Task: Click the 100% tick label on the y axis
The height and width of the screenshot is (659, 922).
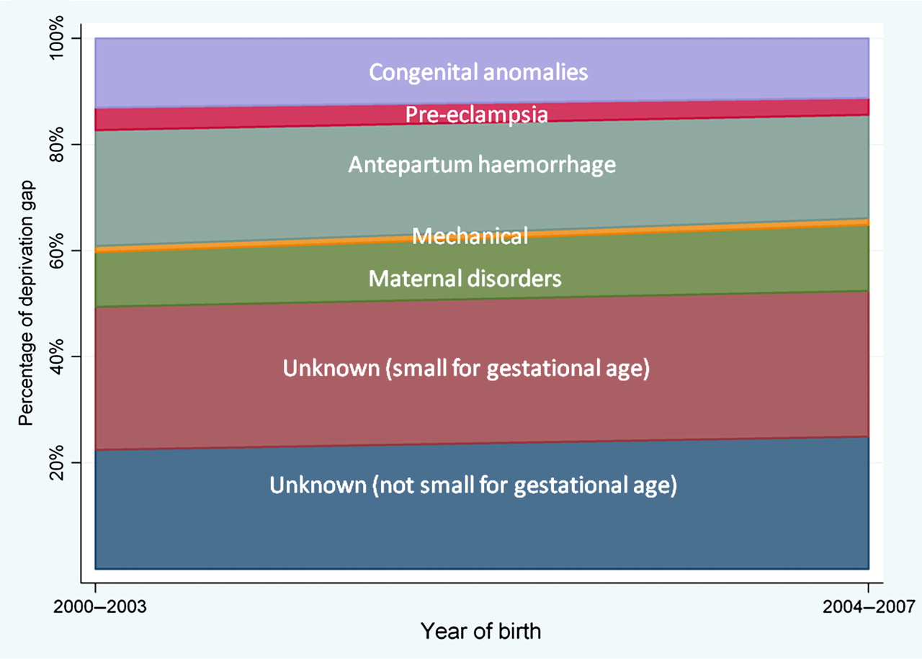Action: pyautogui.click(x=56, y=38)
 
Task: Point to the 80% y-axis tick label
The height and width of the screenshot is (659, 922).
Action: pyautogui.click(x=56, y=145)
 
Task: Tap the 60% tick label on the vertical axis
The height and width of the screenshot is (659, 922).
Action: pyautogui.click(x=56, y=250)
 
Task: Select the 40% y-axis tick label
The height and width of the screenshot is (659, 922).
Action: pyautogui.click(x=56, y=357)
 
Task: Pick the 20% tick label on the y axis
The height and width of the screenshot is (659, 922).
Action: pyautogui.click(x=56, y=462)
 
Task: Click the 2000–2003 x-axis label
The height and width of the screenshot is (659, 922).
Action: pyautogui.click(x=99, y=606)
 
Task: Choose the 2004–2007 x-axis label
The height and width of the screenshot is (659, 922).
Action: pyautogui.click(x=869, y=606)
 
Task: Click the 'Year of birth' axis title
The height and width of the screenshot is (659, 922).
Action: pyautogui.click(x=480, y=631)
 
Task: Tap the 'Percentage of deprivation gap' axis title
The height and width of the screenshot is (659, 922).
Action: pyautogui.click(x=26, y=303)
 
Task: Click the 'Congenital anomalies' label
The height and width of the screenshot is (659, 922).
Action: pyautogui.click(x=478, y=73)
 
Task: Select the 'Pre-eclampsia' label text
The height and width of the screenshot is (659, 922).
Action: pyautogui.click(x=477, y=115)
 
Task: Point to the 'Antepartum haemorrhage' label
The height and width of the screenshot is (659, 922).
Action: pyautogui.click(x=482, y=165)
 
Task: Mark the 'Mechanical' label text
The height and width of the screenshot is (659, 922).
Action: pyautogui.click(x=470, y=236)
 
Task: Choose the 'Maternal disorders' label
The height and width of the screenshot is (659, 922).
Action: pyautogui.click(x=465, y=279)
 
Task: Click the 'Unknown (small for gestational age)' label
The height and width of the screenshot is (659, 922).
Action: pyautogui.click(x=466, y=369)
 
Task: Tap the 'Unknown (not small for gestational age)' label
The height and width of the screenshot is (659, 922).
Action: pyautogui.click(x=473, y=485)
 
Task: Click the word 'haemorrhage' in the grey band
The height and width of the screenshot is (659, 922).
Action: pyautogui.click(x=547, y=165)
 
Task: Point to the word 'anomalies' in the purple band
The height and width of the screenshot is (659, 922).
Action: pyautogui.click(x=535, y=73)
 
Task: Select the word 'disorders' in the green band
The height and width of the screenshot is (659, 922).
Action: pyautogui.click(x=514, y=279)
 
